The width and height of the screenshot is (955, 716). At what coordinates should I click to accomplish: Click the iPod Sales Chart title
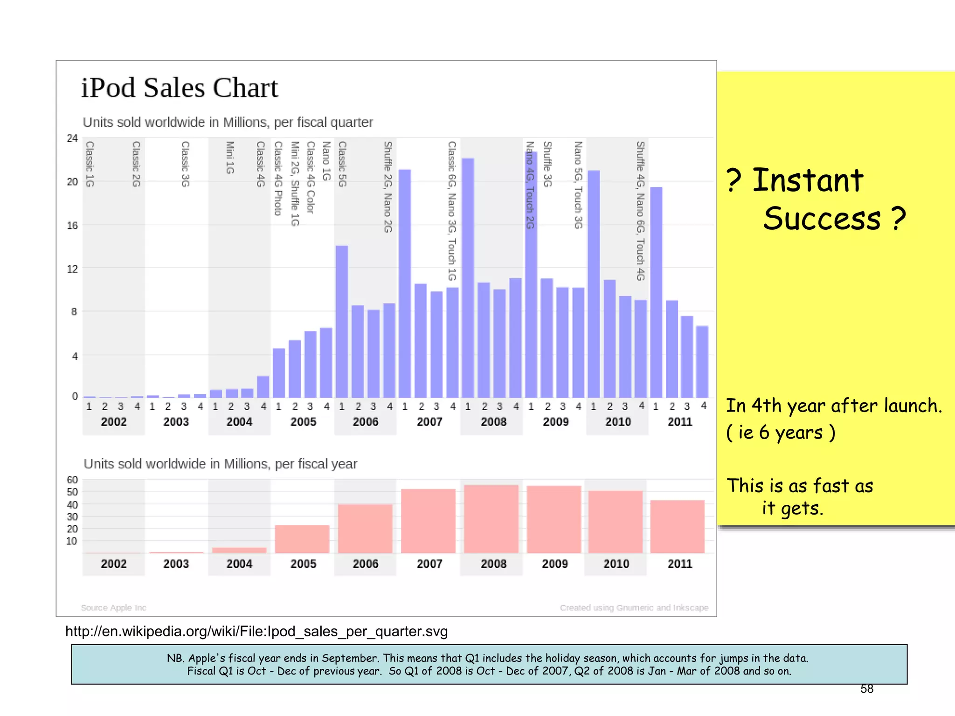[x=180, y=88]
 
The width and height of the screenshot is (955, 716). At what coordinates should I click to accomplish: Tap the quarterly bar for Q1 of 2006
[x=342, y=322]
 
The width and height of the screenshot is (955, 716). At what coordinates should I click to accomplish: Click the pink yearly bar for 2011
[x=677, y=527]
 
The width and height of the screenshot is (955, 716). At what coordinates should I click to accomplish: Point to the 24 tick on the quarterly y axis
[x=72, y=138]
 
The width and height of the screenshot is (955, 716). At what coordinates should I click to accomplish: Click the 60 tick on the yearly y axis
[x=72, y=480]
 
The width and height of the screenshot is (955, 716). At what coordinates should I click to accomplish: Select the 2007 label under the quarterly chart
[x=429, y=422]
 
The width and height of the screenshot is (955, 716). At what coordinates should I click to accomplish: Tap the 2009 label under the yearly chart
[x=554, y=564]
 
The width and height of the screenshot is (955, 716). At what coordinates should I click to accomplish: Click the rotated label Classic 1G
[x=90, y=164]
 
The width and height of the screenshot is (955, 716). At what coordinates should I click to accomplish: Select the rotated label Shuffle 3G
[x=547, y=164]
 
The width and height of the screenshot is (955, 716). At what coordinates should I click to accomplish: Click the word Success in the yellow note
[x=822, y=219]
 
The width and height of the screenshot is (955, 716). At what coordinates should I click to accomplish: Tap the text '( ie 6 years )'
[x=781, y=433]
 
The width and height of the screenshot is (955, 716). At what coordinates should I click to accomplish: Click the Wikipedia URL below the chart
[x=256, y=631]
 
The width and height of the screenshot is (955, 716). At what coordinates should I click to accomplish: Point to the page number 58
[x=867, y=688]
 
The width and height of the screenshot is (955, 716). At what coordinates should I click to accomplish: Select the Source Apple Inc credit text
[x=113, y=607]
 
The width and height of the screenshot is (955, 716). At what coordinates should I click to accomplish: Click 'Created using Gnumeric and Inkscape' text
[x=634, y=607]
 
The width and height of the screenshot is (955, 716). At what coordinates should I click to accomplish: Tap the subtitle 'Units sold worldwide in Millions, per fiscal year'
[x=220, y=464]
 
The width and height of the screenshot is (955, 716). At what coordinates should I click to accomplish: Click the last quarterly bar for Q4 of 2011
[x=702, y=362]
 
